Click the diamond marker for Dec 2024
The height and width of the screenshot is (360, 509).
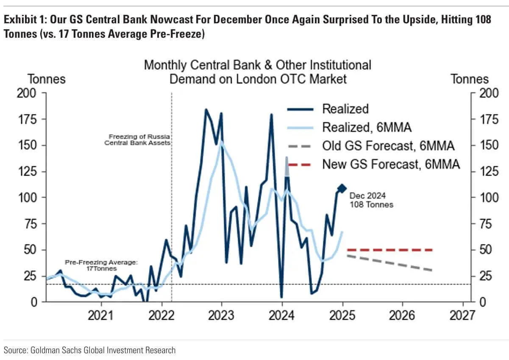coord(342,188)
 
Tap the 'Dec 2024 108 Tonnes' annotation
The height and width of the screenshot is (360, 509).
coord(371,200)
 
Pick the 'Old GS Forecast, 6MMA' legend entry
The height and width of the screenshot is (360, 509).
coord(388,146)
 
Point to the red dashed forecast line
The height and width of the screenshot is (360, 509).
coord(390,250)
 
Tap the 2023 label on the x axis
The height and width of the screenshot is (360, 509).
coord(221,315)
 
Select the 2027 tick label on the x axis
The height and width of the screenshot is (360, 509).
coord(462,315)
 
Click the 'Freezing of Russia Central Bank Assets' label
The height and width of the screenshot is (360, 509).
coord(137,140)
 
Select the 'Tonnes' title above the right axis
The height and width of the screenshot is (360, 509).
coord(469,79)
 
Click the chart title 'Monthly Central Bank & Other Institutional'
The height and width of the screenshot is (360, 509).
coord(257,65)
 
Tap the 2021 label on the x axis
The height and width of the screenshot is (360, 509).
coord(101,315)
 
